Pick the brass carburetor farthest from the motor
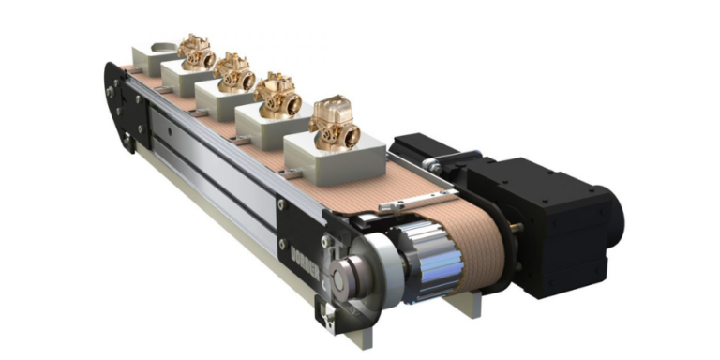pos(198,52)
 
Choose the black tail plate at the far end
pos(117,103)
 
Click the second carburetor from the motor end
pos(277,94)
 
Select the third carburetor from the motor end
pos(234,72)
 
